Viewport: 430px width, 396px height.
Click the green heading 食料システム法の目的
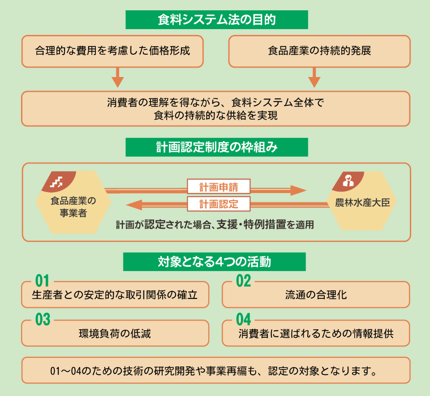click(x=217, y=20)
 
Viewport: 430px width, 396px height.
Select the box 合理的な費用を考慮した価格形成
click(x=112, y=51)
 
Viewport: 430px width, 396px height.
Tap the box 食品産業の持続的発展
click(x=319, y=51)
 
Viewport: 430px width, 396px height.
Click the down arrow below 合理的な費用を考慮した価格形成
click(x=117, y=78)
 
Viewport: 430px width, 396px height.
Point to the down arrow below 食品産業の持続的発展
click(x=314, y=78)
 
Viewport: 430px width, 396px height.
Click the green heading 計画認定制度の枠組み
click(x=217, y=147)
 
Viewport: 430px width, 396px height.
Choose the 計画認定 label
click(x=219, y=204)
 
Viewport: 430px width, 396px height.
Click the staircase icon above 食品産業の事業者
click(x=56, y=181)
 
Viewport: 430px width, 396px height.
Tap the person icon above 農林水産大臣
click(x=348, y=181)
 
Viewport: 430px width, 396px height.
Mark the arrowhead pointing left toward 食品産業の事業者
click(x=134, y=205)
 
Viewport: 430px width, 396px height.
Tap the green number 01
click(x=42, y=281)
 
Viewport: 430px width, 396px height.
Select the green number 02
click(x=243, y=281)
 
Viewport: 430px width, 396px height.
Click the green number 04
click(x=243, y=320)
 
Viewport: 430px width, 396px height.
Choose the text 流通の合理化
click(x=316, y=295)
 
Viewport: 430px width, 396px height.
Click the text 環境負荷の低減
click(x=115, y=334)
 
